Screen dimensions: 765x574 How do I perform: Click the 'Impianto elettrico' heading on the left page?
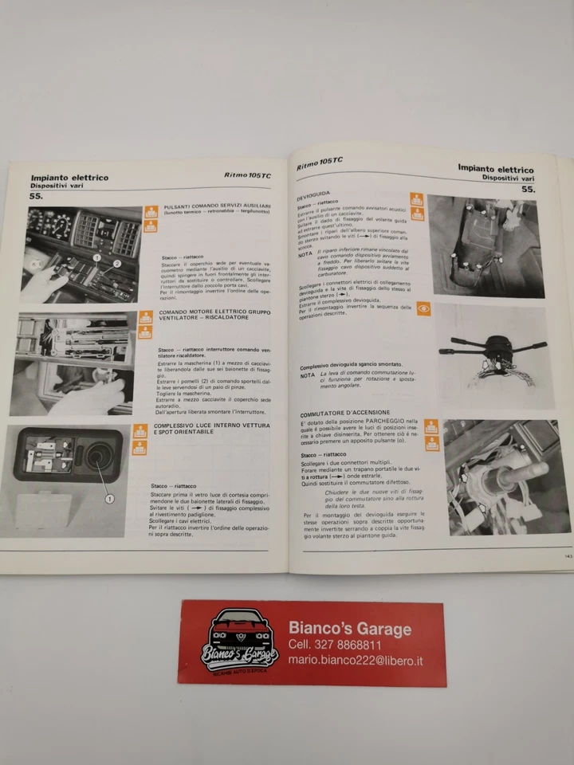click(x=69, y=178)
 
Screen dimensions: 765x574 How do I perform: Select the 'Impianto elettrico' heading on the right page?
click(x=495, y=169)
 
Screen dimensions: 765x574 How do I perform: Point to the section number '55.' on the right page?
click(x=528, y=190)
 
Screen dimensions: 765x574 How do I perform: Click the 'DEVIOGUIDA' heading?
click(x=313, y=194)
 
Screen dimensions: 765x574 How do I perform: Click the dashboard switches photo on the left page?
click(x=84, y=254)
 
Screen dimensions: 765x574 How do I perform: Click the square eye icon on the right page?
click(x=423, y=308)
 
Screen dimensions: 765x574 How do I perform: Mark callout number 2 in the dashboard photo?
click(x=116, y=262)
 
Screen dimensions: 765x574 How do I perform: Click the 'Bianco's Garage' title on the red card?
click(x=349, y=628)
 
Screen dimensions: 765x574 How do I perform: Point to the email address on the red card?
click(x=356, y=661)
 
